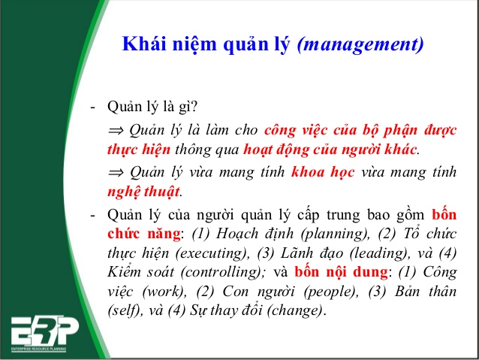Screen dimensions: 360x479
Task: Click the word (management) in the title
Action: pos(360,44)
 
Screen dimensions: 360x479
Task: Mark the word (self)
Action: pos(124,310)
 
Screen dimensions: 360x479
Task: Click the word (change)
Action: pos(295,310)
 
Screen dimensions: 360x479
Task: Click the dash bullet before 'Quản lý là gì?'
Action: pos(93,106)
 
